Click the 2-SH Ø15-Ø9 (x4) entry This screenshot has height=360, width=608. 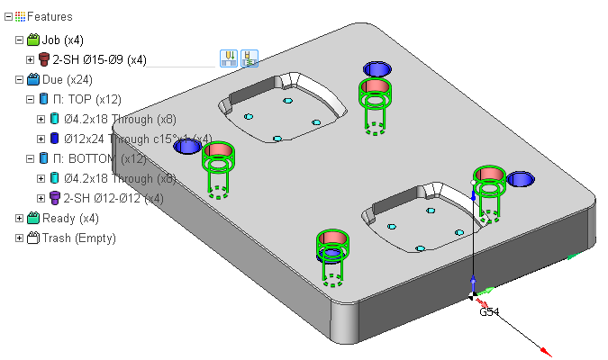tap(99, 59)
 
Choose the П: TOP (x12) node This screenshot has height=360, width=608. tap(94, 99)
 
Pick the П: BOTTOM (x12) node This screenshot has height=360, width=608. tap(104, 158)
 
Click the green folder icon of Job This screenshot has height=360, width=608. tap(33, 40)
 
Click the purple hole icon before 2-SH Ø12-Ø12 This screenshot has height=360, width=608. tap(54, 198)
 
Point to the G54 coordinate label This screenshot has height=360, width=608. tap(489, 312)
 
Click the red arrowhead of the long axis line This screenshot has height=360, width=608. tap(546, 352)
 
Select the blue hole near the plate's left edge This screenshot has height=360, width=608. tap(187, 147)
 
